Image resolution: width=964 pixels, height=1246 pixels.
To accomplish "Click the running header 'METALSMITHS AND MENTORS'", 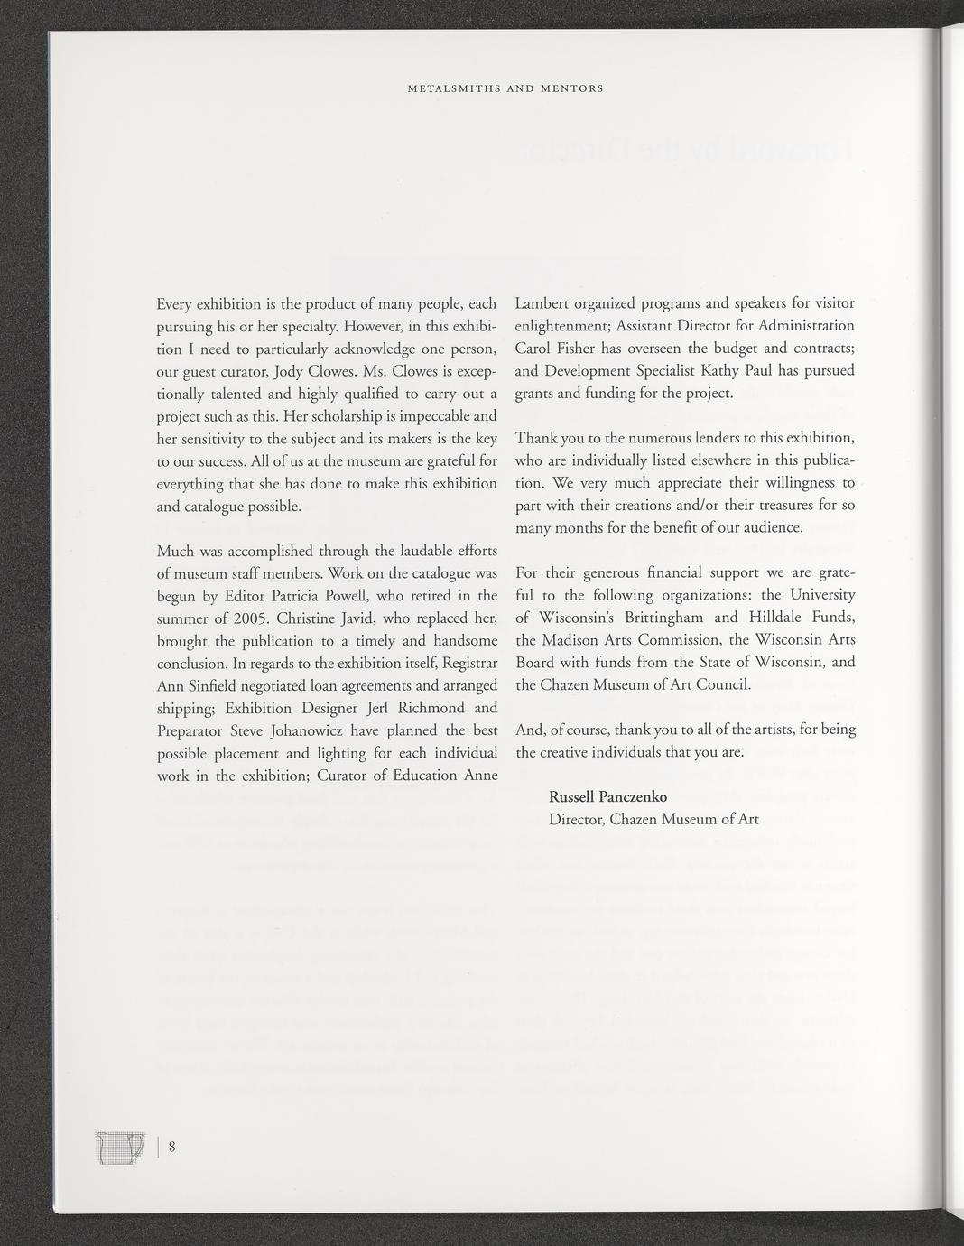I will (505, 89).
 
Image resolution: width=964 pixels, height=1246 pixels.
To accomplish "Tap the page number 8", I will (171, 1148).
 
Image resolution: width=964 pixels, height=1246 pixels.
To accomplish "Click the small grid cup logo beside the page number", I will (120, 1148).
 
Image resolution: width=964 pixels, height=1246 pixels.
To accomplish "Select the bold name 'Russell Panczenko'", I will (607, 797).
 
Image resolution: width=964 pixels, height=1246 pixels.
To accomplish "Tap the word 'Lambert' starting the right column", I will (543, 302).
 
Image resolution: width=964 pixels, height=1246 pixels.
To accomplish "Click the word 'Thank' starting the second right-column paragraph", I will (537, 438).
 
